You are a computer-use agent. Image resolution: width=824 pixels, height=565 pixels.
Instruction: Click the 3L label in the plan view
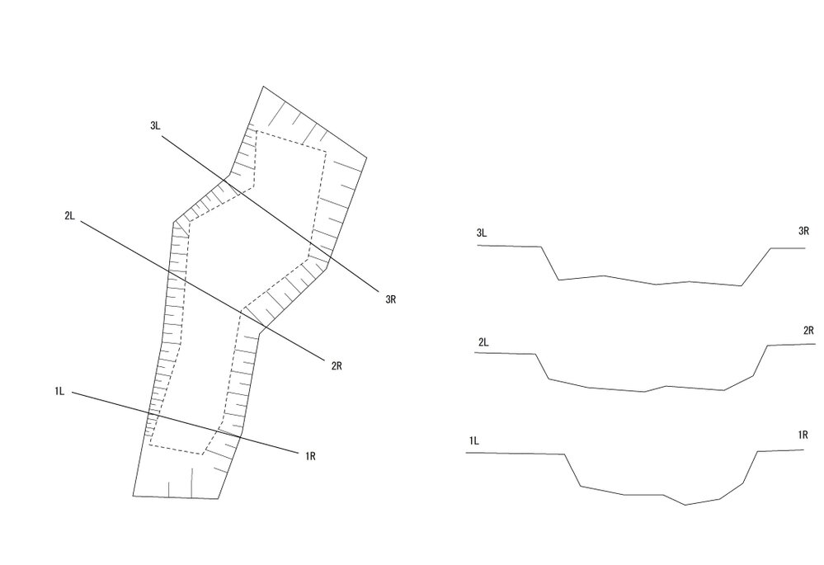click(x=155, y=125)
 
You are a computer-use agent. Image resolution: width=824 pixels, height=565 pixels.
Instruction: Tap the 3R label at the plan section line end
click(x=390, y=299)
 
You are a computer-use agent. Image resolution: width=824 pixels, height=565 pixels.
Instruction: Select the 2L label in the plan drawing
click(x=70, y=215)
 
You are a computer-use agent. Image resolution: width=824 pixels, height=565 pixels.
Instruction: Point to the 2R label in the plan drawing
click(x=337, y=366)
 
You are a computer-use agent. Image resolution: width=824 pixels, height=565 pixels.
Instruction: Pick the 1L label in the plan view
click(x=59, y=391)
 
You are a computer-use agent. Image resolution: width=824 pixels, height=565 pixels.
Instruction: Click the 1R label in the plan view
click(x=311, y=456)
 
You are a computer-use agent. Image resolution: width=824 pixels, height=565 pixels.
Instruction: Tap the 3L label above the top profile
click(x=482, y=233)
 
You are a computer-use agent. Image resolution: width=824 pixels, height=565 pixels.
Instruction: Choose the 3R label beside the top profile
click(x=803, y=231)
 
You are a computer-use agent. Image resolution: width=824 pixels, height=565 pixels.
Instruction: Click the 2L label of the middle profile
click(x=483, y=342)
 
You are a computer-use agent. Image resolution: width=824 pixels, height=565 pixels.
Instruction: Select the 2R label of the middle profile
click(x=809, y=331)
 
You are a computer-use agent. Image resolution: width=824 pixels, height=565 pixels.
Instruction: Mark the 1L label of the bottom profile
click(x=474, y=440)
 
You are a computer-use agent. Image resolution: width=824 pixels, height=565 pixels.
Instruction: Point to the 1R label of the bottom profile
click(x=803, y=435)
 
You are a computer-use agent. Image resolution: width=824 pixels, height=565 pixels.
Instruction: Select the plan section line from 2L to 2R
click(x=204, y=291)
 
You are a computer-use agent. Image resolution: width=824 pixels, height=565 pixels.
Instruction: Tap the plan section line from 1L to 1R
click(x=185, y=422)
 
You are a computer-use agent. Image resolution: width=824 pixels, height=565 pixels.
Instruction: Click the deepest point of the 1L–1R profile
click(x=685, y=505)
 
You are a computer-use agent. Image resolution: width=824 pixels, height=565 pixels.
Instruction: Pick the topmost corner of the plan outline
click(x=263, y=87)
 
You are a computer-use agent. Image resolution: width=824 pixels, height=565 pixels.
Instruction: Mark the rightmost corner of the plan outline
click(x=366, y=158)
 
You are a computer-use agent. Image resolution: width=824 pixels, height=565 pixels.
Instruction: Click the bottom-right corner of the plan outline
click(x=218, y=498)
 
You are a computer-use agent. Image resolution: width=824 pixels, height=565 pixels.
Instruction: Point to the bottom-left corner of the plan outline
click(x=133, y=496)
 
